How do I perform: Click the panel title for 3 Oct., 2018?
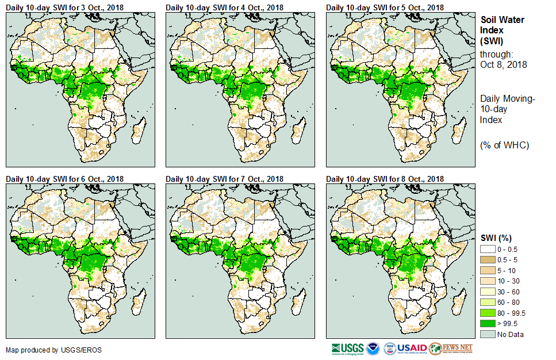click(x=64, y=7)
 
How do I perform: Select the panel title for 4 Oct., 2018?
click(x=225, y=7)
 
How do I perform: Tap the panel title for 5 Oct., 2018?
click(x=385, y=7)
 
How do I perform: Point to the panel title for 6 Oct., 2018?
click(x=64, y=179)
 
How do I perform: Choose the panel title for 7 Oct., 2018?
click(x=225, y=179)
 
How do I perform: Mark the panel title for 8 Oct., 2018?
click(x=385, y=179)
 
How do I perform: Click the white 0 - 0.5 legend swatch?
click(x=488, y=248)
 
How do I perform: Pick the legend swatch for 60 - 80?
click(x=488, y=302)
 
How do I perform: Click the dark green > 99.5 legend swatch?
click(x=488, y=323)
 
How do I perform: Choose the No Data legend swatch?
click(x=488, y=334)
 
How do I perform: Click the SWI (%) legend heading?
click(x=496, y=238)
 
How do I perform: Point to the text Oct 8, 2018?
click(x=504, y=64)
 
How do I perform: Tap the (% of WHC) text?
click(x=504, y=145)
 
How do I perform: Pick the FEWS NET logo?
click(x=451, y=348)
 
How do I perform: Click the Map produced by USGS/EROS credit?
click(x=45, y=350)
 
